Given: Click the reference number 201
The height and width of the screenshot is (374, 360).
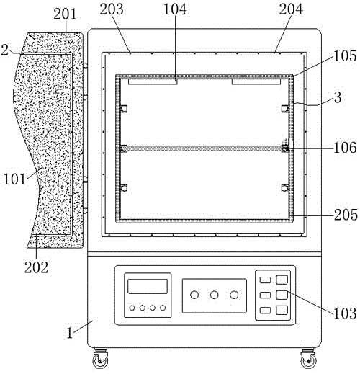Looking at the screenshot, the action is (x=65, y=14).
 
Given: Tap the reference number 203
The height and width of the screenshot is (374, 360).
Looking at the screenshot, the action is (x=112, y=9).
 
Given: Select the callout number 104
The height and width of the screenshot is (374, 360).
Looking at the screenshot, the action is (x=175, y=9).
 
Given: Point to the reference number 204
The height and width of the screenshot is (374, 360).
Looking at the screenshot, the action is (x=291, y=9).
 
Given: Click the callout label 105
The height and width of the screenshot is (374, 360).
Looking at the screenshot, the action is (x=345, y=55).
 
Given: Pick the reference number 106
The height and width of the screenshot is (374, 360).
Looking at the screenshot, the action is (x=345, y=148).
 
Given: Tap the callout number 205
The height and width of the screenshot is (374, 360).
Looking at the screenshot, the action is (x=346, y=215).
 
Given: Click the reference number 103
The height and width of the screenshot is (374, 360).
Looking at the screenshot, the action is (x=345, y=313).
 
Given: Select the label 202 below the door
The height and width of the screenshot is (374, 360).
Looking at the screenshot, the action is (x=36, y=267).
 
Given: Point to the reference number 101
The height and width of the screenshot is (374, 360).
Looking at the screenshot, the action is (x=14, y=179).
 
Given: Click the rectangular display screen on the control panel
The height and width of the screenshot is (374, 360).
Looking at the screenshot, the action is (x=148, y=286).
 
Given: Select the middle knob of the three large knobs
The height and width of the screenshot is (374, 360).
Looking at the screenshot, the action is (x=214, y=295).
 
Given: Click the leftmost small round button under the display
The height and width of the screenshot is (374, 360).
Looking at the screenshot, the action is (x=132, y=308).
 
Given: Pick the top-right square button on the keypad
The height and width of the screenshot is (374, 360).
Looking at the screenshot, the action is (x=282, y=280).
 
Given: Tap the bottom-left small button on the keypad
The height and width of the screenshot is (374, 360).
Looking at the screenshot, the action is (x=265, y=310).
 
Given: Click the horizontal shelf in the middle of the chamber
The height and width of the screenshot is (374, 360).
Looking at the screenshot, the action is (x=204, y=148).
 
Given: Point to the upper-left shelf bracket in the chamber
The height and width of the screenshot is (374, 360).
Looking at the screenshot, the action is (x=124, y=109).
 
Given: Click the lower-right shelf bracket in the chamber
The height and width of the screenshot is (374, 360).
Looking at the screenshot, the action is (x=285, y=188).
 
